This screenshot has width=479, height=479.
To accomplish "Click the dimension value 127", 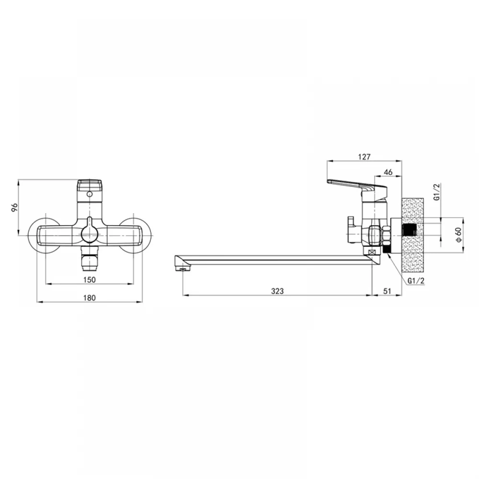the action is pyautogui.click(x=364, y=157).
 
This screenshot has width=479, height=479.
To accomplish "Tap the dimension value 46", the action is pyautogui.click(x=388, y=172).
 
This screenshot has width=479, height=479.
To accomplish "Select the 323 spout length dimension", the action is pyautogui.click(x=277, y=291).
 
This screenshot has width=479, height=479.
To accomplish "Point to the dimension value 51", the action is pyautogui.click(x=387, y=291).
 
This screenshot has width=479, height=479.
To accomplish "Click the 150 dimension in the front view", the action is pyautogui.click(x=90, y=280).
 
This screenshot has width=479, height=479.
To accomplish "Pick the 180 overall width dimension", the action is pyautogui.click(x=90, y=298).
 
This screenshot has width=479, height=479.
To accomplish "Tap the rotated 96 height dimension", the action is pyautogui.click(x=15, y=207).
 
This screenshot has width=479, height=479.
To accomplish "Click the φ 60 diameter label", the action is pyautogui.click(x=459, y=235).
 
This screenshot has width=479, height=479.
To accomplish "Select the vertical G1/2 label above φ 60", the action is pyautogui.click(x=437, y=192).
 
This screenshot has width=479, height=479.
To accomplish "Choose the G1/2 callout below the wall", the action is pyautogui.click(x=416, y=281).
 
